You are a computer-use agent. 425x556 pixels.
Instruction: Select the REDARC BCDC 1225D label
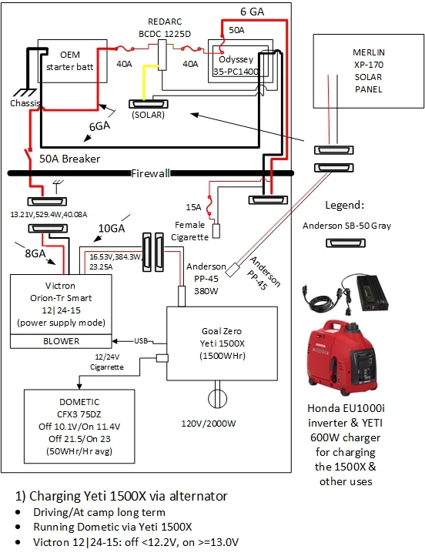pos(165,28)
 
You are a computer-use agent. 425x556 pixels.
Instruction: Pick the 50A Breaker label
pos(69,159)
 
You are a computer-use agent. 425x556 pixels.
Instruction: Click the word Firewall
pos(150,173)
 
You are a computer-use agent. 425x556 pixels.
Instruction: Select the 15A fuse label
pos(193,207)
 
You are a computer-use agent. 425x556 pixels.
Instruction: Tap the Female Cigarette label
pos(190,231)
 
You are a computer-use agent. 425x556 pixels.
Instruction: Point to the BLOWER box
pos(61,341)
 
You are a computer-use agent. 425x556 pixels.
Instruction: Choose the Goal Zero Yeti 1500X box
pos(222,343)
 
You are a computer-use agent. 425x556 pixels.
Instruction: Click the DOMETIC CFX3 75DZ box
pos(79,426)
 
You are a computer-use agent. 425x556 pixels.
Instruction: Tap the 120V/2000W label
pos(209,424)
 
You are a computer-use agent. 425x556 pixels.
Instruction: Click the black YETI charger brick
pos(373,293)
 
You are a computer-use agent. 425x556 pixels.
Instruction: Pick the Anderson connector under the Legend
pos(345,243)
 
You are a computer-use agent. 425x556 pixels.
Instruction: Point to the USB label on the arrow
pos(141,341)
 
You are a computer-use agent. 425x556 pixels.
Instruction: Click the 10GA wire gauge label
pos(112,229)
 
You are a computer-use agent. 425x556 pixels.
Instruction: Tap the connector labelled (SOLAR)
pos(148,104)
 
